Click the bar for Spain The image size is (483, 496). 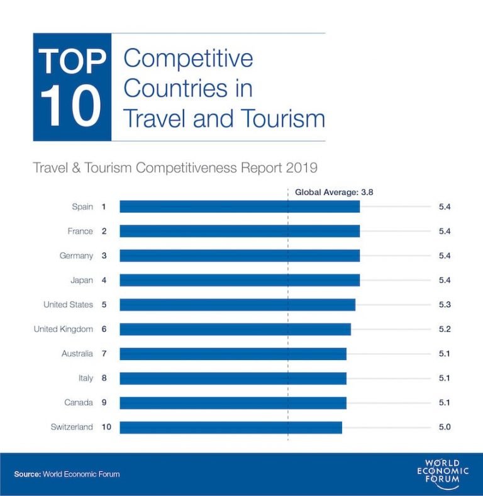point(240,206)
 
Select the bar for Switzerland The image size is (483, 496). point(231,427)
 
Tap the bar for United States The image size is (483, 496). point(237,305)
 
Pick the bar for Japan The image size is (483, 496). point(240,280)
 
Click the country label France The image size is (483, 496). point(80,231)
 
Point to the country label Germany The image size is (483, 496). point(76,256)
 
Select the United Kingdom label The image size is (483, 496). point(63,329)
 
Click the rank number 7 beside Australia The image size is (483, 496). point(104,354)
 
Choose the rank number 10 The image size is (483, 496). point(106,427)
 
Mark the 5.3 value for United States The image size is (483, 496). point(445,305)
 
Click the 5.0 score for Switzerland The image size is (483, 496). point(445,427)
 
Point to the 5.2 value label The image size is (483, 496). point(445,329)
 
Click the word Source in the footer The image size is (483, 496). point(27,474)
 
